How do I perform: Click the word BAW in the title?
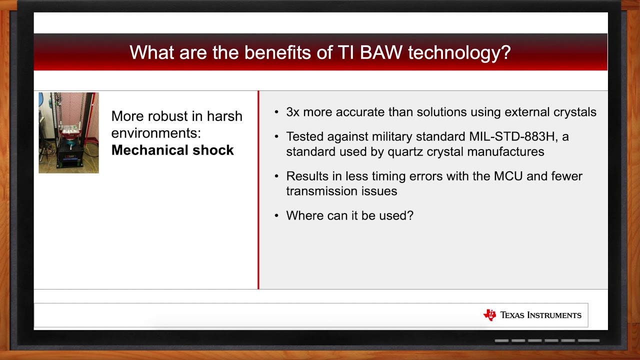coord(381,52)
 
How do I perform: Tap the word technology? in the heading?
coord(459,53)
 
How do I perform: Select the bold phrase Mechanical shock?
coord(172,150)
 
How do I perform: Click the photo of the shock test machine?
coord(69,132)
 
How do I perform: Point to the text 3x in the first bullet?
coord(293,112)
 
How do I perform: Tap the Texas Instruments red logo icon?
coord(489,315)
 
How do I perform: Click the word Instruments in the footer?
coord(554,315)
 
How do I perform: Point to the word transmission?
coord(321,191)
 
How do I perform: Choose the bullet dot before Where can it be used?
coord(276,215)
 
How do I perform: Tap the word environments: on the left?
coord(156,133)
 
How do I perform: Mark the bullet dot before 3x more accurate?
coord(276,112)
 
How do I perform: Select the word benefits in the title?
coord(277,52)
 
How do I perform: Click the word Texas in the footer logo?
coord(512,315)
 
